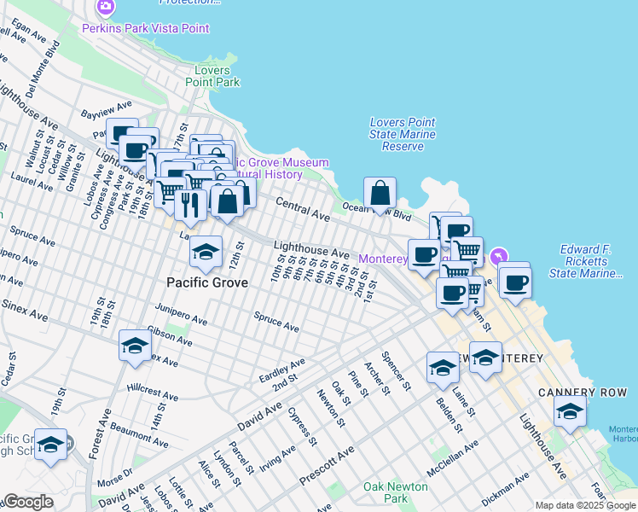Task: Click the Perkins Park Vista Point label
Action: pyautogui.click(x=145, y=28)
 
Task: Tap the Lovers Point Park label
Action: pyautogui.click(x=217, y=76)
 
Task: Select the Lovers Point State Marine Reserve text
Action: pyautogui.click(x=403, y=134)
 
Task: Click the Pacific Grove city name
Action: pyautogui.click(x=206, y=282)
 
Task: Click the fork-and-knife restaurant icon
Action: pyautogui.click(x=190, y=205)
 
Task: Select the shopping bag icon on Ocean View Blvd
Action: pyautogui.click(x=380, y=195)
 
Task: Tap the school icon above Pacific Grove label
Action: pyautogui.click(x=205, y=253)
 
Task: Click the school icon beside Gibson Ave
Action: pyautogui.click(x=135, y=346)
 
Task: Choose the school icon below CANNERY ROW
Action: pyautogui.click(x=569, y=412)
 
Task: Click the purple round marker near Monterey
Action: pyautogui.click(x=499, y=256)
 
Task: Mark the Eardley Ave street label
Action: pyautogui.click(x=281, y=372)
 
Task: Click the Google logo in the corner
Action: pyautogui.click(x=28, y=502)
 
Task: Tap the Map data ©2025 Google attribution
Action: pyautogui.click(x=584, y=505)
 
